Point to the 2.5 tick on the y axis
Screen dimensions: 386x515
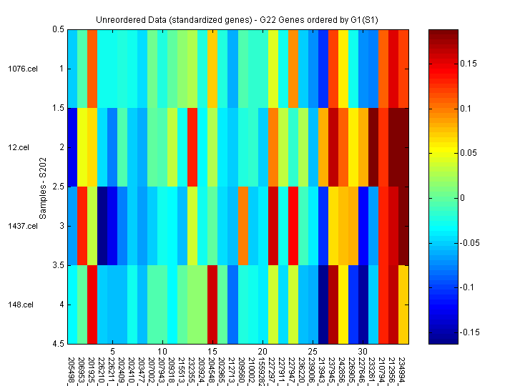(58, 187)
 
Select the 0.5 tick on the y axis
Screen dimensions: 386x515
(58, 29)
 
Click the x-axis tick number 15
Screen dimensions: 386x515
(212, 352)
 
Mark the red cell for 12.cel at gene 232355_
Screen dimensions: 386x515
(192, 147)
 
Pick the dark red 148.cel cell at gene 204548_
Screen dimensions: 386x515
(212, 305)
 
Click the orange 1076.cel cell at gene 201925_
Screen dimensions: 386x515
(92, 69)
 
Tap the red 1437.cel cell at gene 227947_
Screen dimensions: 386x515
(293, 226)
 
